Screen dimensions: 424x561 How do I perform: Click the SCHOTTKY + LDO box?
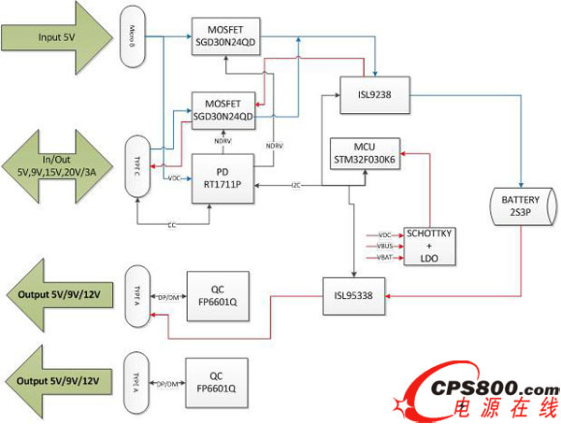[x=427, y=244]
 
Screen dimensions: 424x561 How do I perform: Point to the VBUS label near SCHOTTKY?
[x=384, y=245]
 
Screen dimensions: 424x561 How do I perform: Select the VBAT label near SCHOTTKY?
[x=384, y=256]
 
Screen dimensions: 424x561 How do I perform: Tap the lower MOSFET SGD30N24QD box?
[x=223, y=109]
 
